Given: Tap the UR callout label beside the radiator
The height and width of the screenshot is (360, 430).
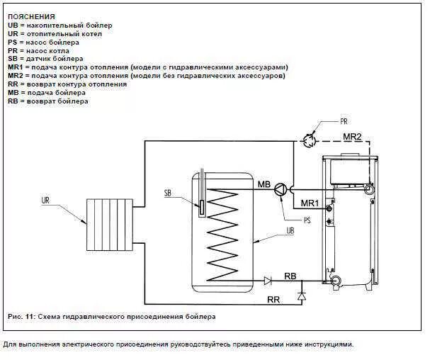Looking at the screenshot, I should (45, 202).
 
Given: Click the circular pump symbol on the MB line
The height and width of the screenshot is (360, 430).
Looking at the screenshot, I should (283, 189).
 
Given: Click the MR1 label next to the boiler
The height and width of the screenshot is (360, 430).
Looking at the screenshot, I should (310, 203).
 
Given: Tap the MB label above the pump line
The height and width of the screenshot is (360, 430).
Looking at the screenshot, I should (264, 184).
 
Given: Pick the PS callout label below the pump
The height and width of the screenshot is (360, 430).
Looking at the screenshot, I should (307, 220).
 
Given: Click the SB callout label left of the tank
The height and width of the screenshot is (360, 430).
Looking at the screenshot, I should (168, 193).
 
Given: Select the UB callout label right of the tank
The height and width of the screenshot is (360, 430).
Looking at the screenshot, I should (290, 230).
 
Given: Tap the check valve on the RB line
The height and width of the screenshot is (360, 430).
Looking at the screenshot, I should (268, 281).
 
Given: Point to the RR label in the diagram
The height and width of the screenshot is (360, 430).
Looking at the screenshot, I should (273, 300).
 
